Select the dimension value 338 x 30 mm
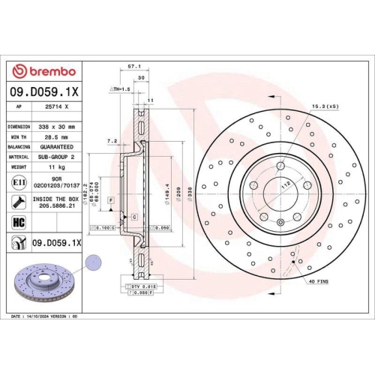pos(53,127)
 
